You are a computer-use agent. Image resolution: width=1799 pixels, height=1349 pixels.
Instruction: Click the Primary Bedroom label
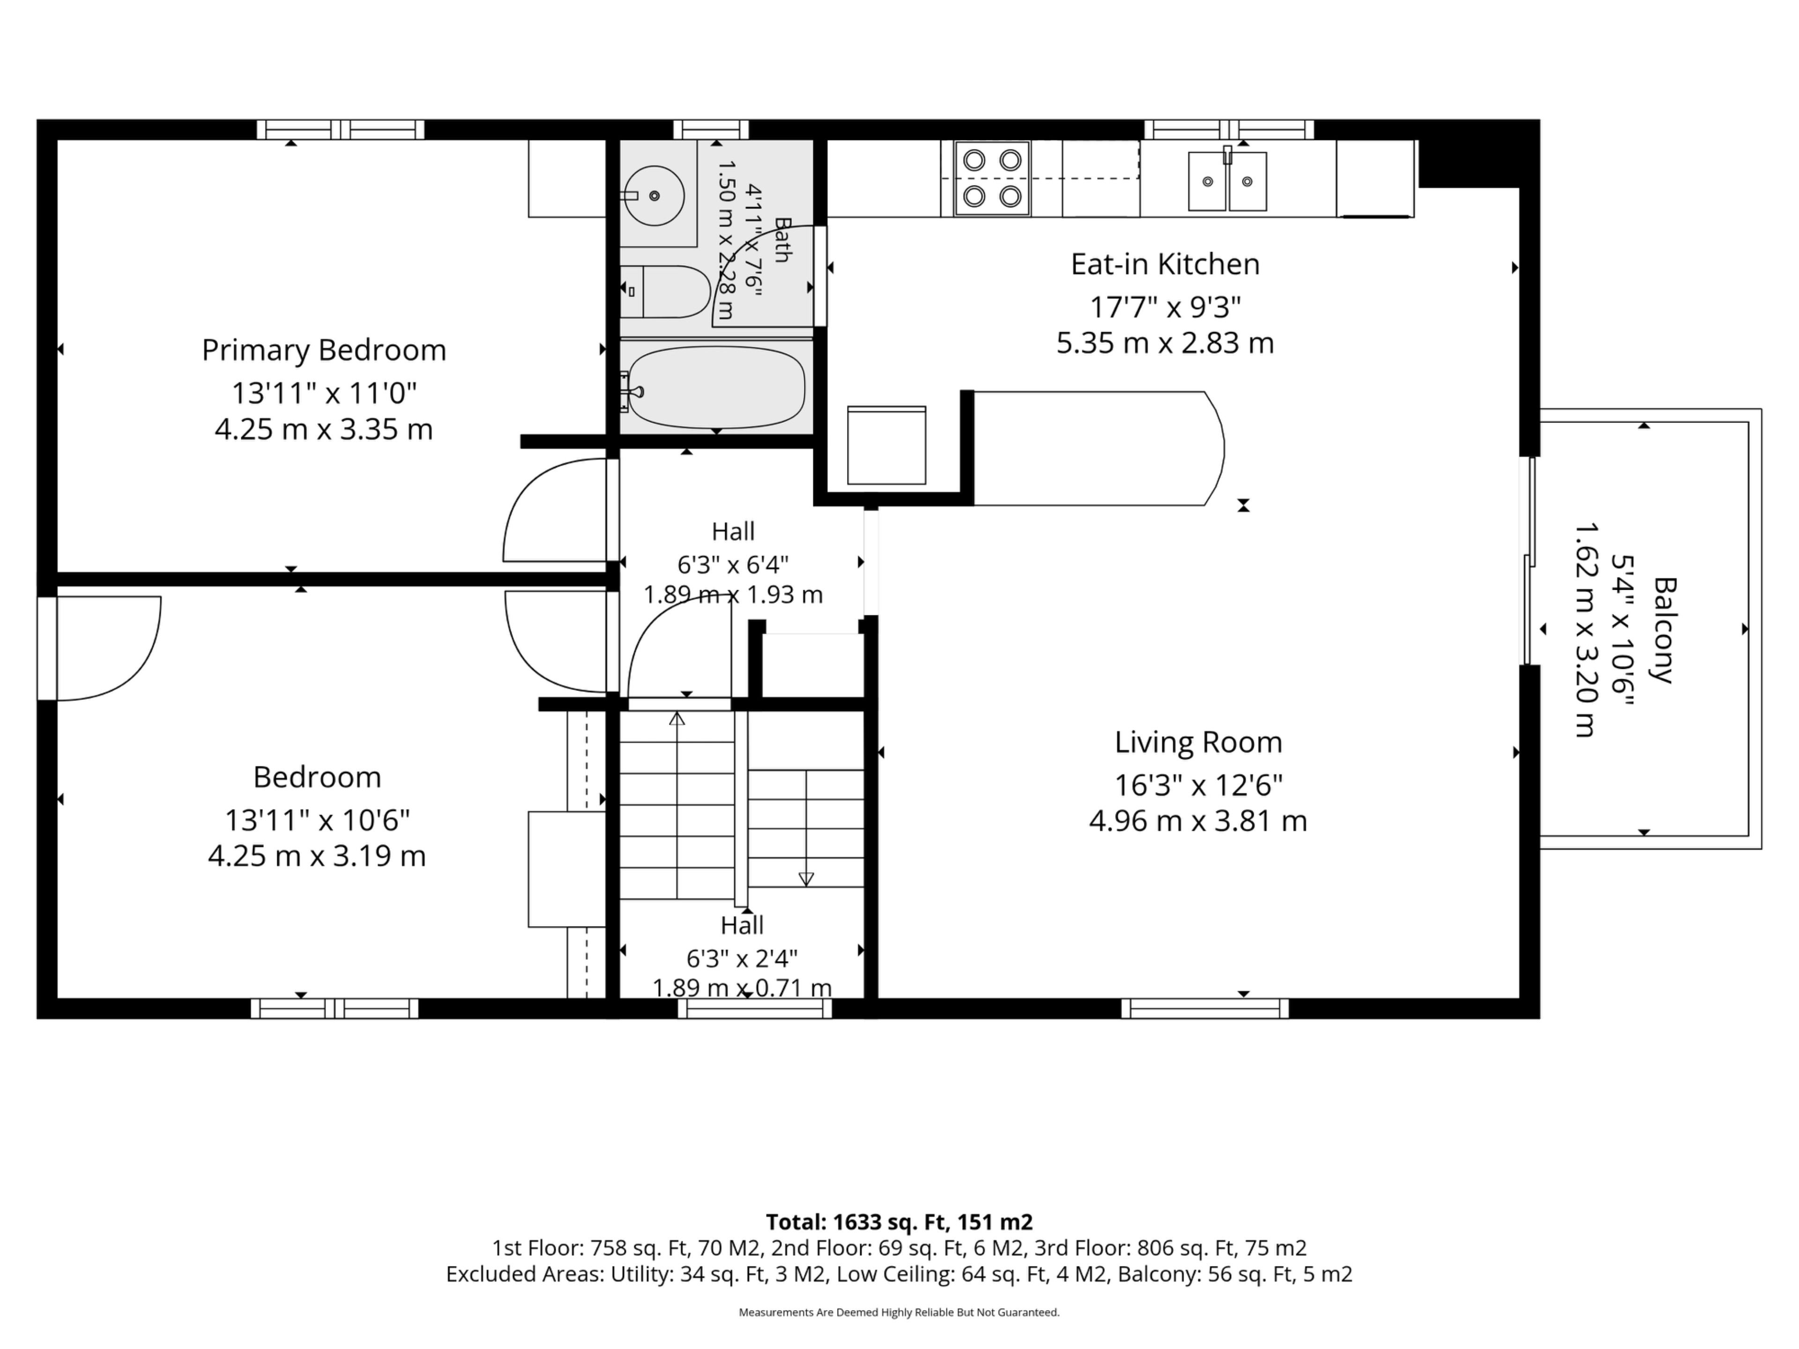[x=324, y=350]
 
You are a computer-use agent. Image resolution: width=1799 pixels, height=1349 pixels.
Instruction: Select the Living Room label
[x=1198, y=742]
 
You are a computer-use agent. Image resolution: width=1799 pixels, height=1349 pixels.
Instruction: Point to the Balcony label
[x=1665, y=630]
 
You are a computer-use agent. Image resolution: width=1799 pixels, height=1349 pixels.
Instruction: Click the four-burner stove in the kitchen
[x=992, y=179]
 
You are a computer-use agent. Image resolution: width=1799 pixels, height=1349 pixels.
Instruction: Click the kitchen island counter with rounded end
[x=1098, y=449]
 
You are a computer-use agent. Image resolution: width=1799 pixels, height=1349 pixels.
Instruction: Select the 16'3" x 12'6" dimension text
[x=1198, y=786]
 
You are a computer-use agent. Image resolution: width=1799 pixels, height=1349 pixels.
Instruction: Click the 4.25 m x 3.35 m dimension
[x=324, y=430]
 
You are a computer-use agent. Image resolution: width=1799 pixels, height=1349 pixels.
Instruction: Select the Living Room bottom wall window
[x=1204, y=1008]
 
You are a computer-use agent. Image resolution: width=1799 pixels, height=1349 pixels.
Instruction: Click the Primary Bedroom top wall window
[x=341, y=129]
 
